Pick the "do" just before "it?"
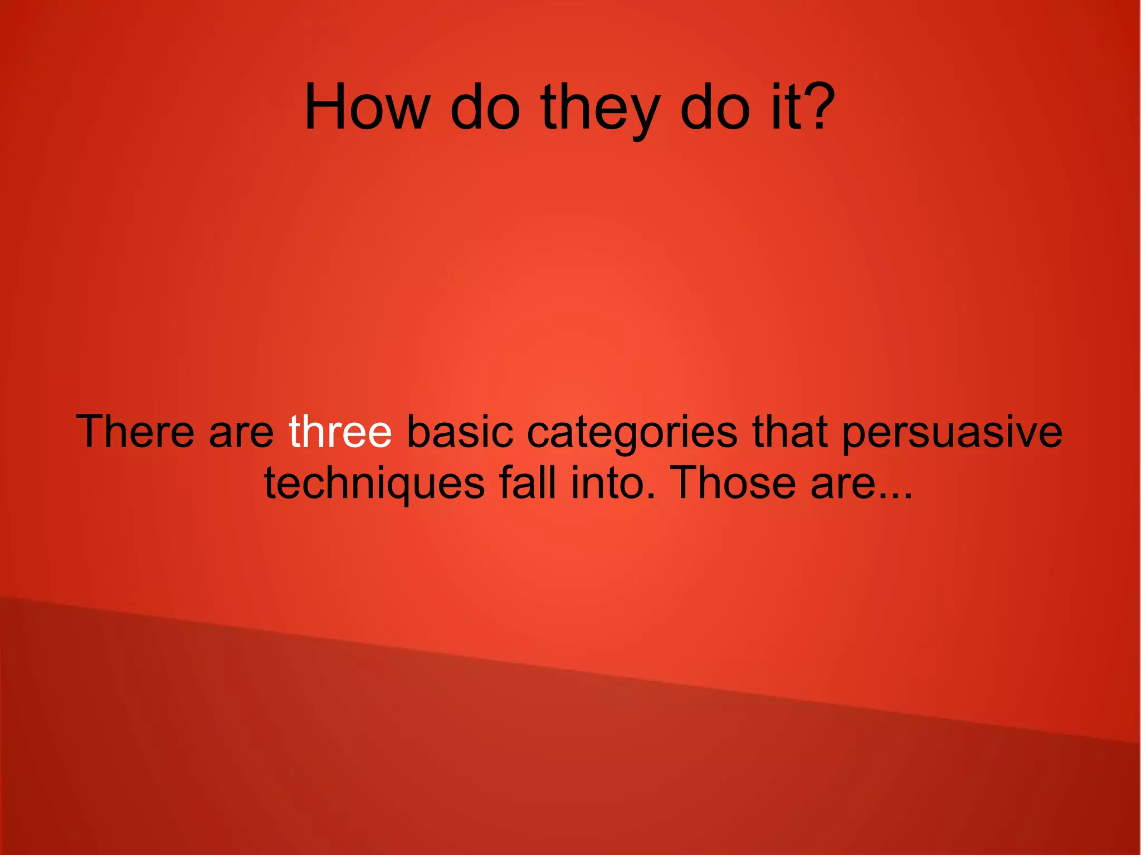pos(715,107)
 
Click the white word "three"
pos(340,431)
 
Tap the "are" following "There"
pos(241,434)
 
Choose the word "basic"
pos(460,431)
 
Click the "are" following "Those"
pos(842,485)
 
